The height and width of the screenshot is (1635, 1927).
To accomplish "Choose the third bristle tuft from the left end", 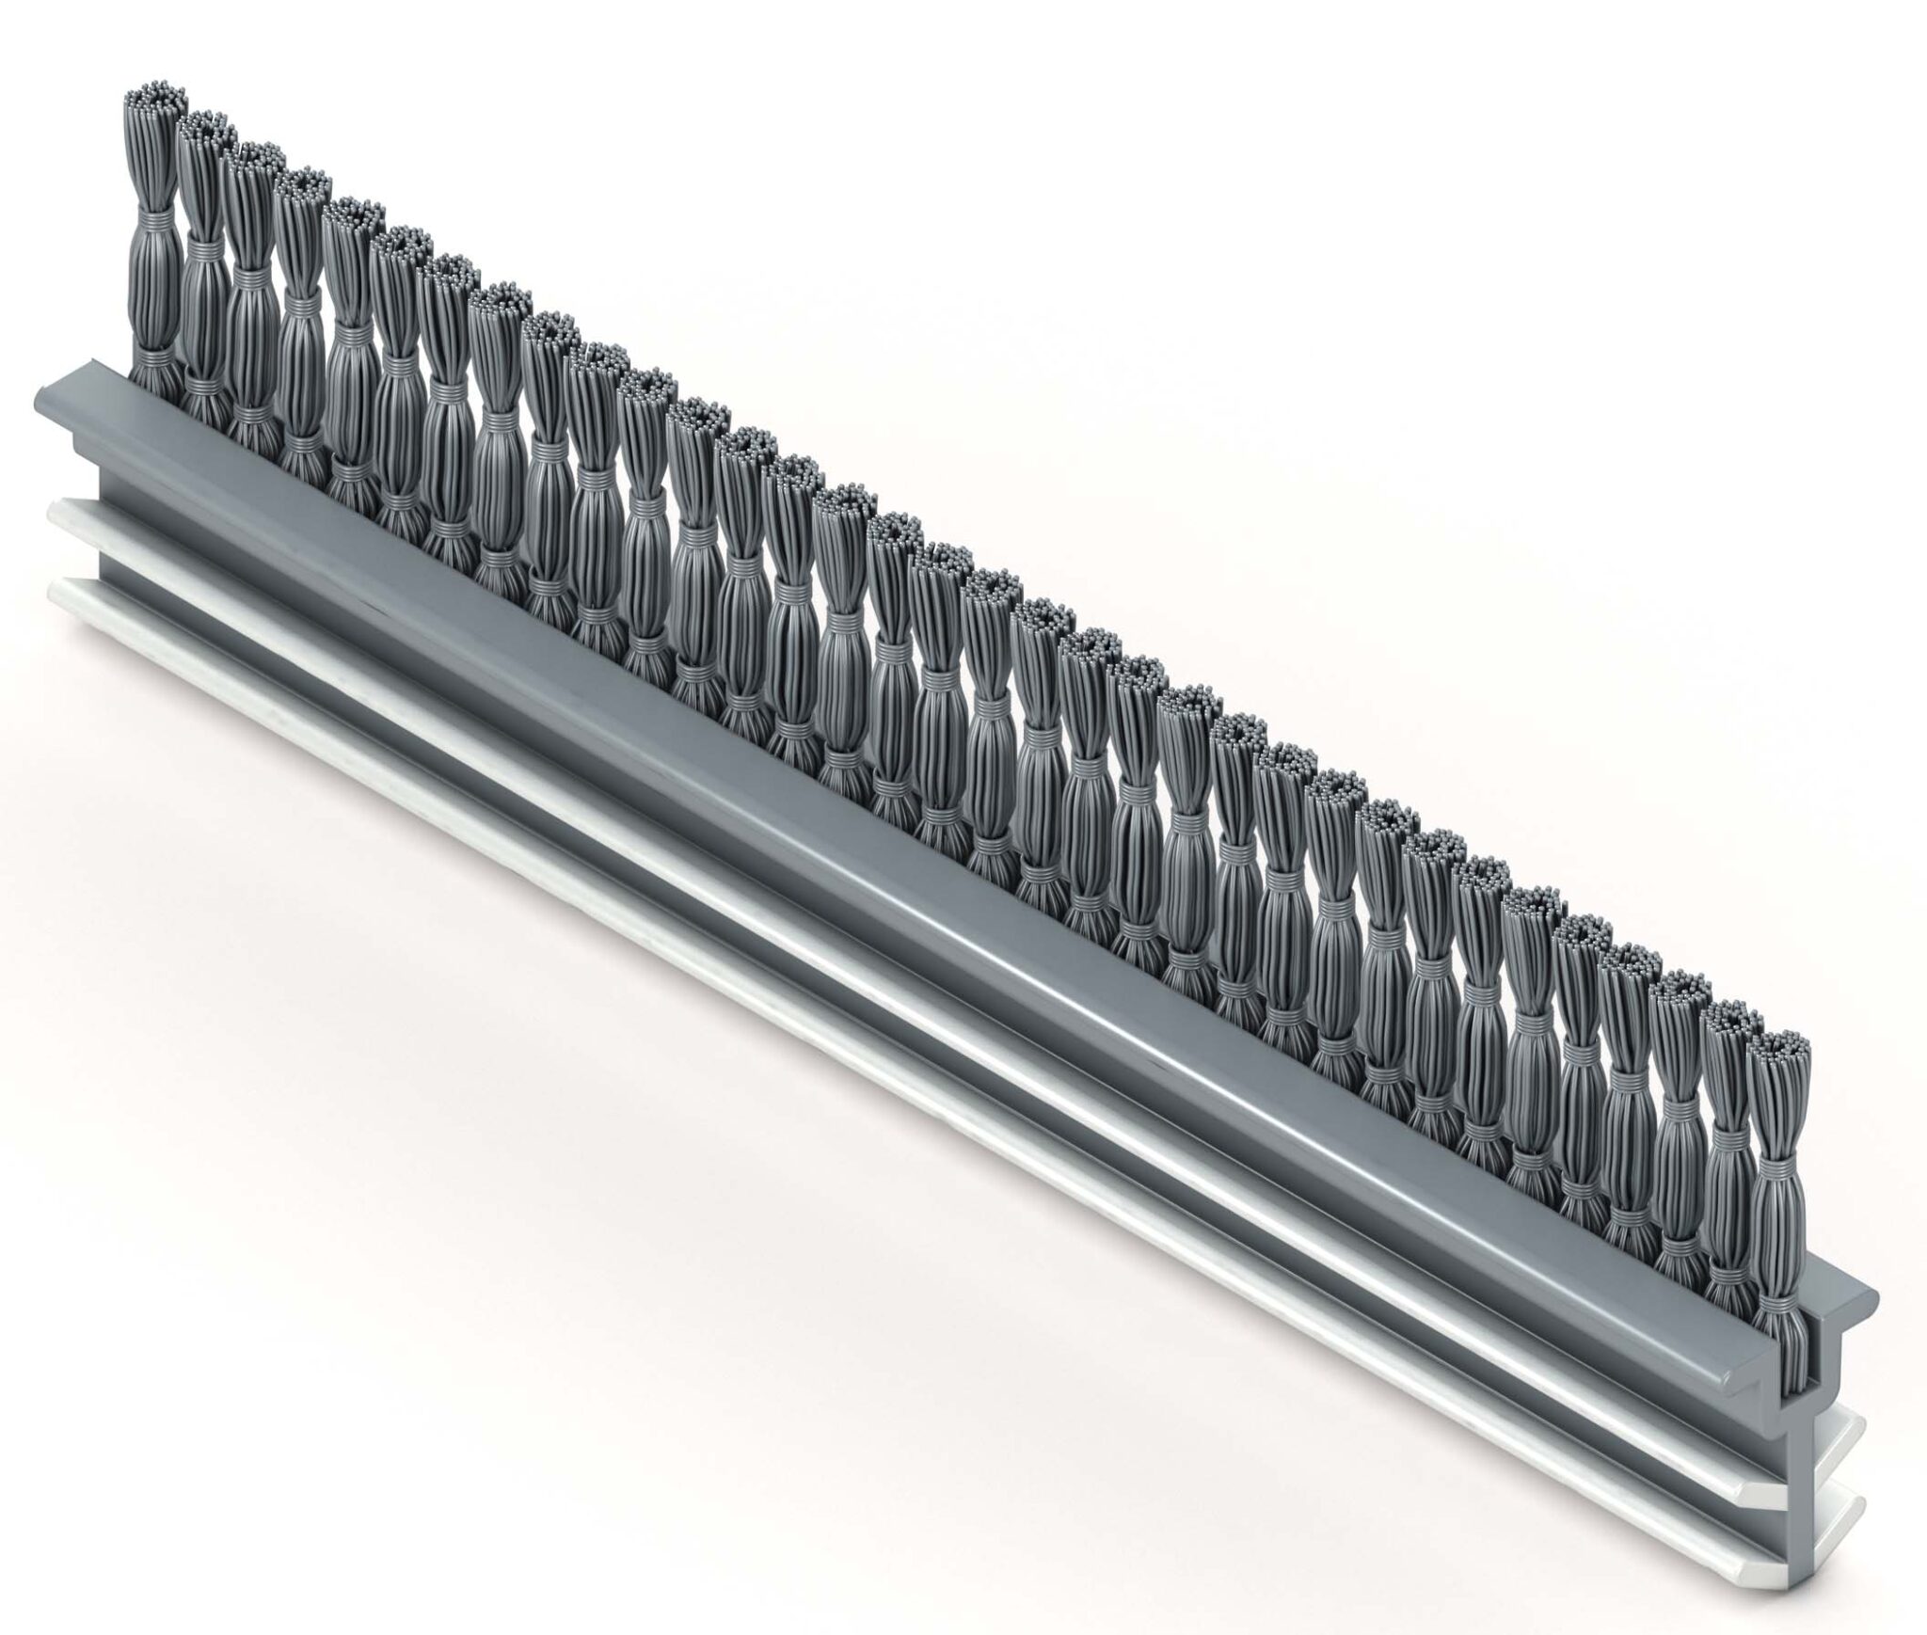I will coord(249,292).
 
